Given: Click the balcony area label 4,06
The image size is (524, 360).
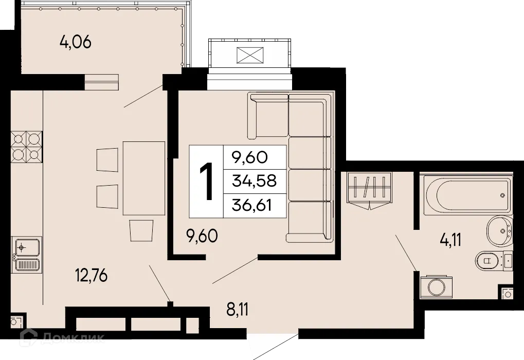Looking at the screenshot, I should coord(75,42).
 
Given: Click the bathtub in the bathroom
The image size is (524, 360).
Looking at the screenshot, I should coord(466,196).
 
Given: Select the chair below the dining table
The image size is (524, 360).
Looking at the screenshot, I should coord(141,230).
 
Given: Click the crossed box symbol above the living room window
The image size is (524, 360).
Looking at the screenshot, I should coord(249,55).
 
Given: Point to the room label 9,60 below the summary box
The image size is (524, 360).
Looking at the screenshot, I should coord(202,237).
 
